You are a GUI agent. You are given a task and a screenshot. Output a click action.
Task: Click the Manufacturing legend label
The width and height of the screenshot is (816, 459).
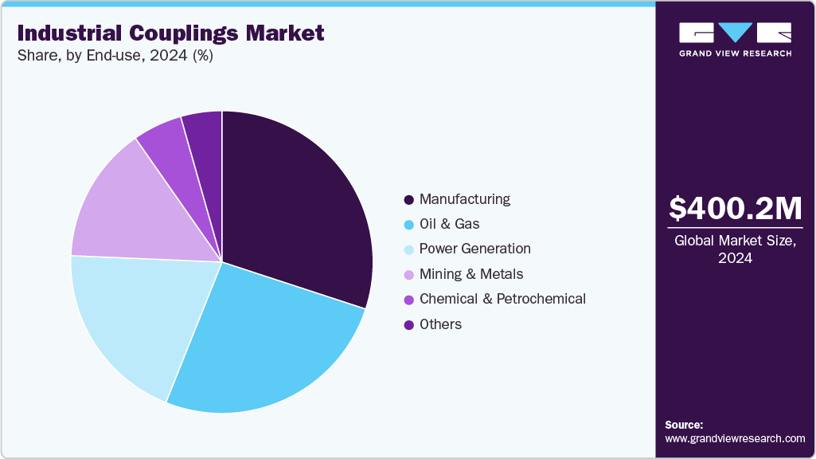click(x=465, y=199)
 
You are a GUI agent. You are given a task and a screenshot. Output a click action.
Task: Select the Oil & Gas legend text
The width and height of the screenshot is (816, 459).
click(x=449, y=224)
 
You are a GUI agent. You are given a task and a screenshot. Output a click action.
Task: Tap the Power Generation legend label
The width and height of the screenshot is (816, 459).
click(x=474, y=249)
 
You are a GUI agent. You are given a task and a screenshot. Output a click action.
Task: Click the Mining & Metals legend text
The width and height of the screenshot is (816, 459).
click(x=471, y=274)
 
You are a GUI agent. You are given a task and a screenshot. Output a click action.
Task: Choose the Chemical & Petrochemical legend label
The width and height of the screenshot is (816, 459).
click(x=502, y=299)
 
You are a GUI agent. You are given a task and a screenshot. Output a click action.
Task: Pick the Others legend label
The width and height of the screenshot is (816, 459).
click(x=440, y=324)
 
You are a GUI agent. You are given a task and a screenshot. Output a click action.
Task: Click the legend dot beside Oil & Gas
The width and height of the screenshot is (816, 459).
click(x=409, y=225)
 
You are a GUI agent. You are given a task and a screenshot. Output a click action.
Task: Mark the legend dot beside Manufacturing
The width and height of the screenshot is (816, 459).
click(x=409, y=199)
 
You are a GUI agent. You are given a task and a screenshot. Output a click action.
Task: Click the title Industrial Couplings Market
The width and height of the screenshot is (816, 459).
click(x=170, y=33)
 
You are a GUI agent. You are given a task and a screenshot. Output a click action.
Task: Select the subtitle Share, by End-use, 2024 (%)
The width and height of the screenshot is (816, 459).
click(x=115, y=57)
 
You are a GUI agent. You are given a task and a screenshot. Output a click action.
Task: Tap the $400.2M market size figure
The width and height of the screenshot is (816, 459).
click(x=735, y=208)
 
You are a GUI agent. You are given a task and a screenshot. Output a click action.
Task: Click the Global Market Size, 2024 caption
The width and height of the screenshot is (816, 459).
click(x=735, y=249)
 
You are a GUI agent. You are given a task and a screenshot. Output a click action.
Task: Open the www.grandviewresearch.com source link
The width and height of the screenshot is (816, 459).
click(x=735, y=438)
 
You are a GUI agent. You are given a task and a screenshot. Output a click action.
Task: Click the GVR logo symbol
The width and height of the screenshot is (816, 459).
click(x=735, y=33)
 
